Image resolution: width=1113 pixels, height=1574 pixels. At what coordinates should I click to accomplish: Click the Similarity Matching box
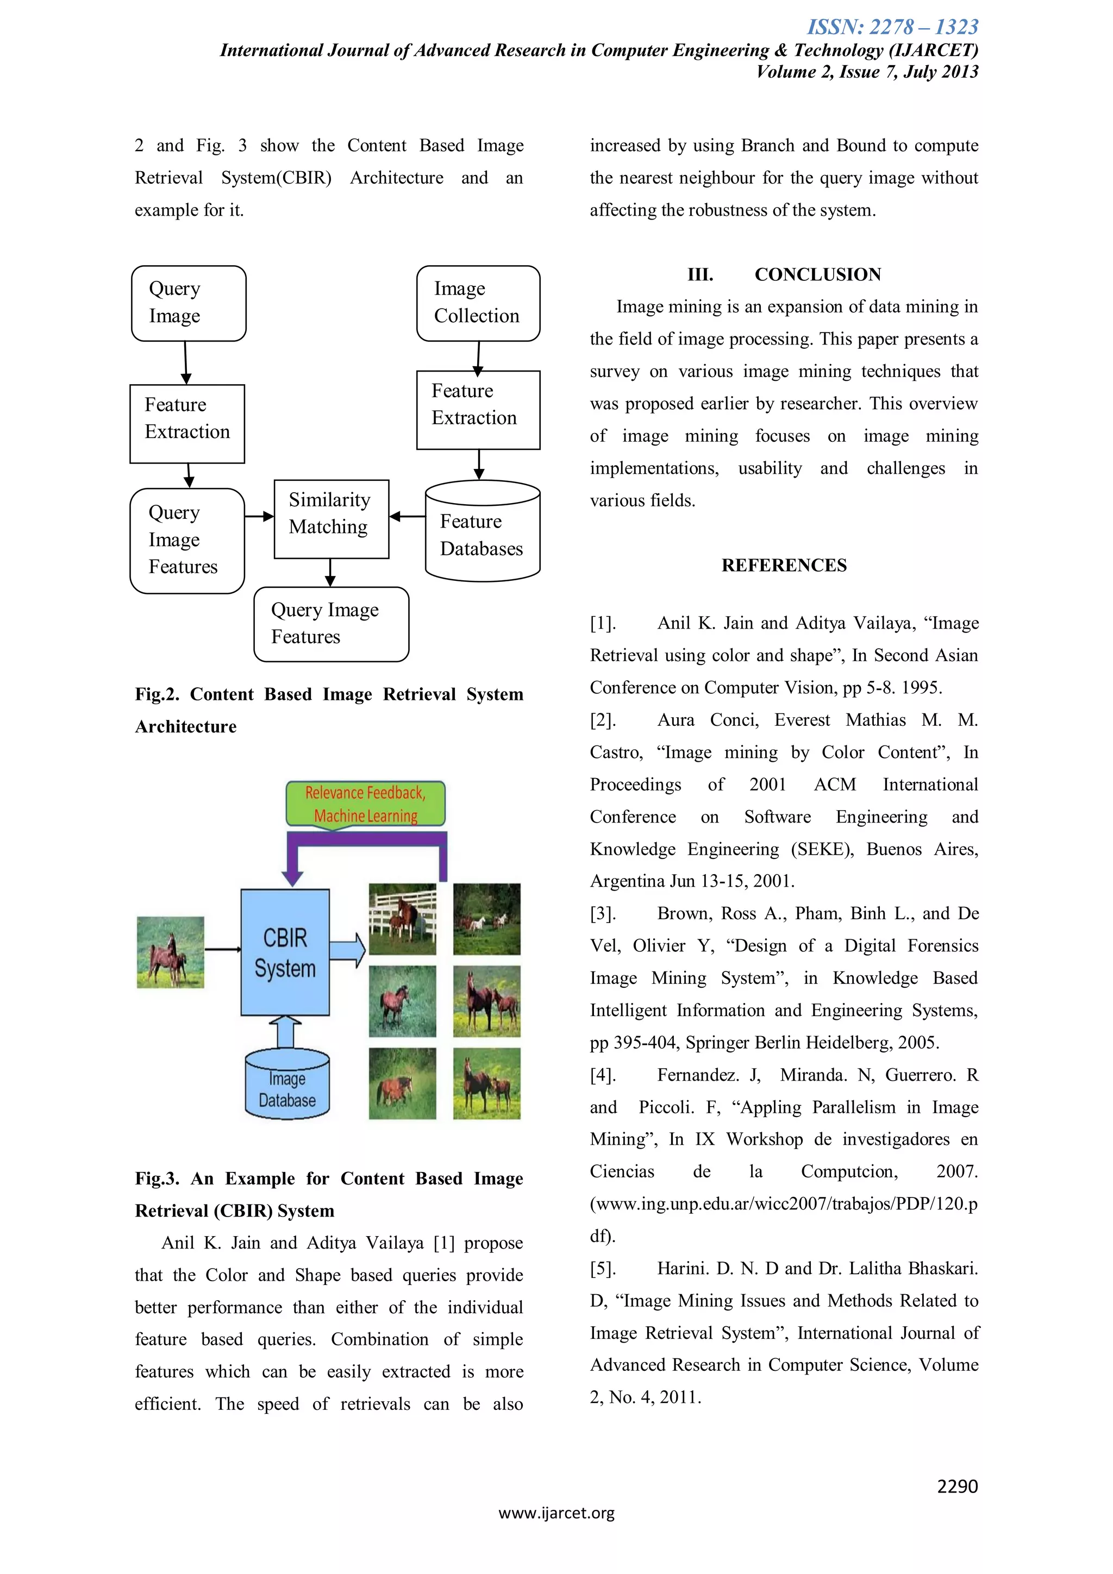[331, 519]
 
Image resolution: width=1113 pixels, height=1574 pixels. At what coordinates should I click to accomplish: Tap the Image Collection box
[478, 303]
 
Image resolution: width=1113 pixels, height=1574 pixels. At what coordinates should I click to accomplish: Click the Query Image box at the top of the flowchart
[189, 303]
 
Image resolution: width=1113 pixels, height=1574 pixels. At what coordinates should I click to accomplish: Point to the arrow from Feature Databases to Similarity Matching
[408, 516]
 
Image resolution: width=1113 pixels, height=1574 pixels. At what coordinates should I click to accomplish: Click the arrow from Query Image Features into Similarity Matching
[259, 516]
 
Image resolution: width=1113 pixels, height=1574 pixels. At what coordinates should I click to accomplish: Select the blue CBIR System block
[285, 952]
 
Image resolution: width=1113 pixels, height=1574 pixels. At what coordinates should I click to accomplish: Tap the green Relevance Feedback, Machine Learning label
[366, 804]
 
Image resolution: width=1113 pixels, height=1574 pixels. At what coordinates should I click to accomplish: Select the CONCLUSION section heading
[817, 274]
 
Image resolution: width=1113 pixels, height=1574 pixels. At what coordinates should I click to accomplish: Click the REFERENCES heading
[784, 565]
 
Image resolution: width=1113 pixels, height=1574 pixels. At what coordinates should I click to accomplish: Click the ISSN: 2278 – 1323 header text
[893, 27]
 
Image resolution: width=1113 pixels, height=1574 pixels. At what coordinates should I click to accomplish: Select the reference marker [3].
[603, 913]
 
